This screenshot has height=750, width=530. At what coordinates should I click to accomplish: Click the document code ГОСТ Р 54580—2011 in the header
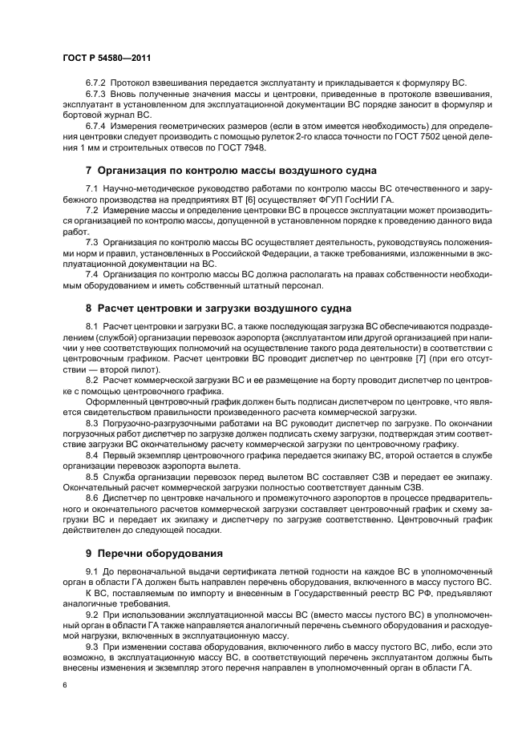coord(107,58)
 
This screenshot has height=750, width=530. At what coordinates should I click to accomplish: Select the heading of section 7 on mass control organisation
coord(231,170)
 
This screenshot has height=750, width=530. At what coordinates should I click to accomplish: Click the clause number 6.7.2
coord(98,83)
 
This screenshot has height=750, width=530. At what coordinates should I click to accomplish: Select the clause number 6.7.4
coord(98,127)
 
